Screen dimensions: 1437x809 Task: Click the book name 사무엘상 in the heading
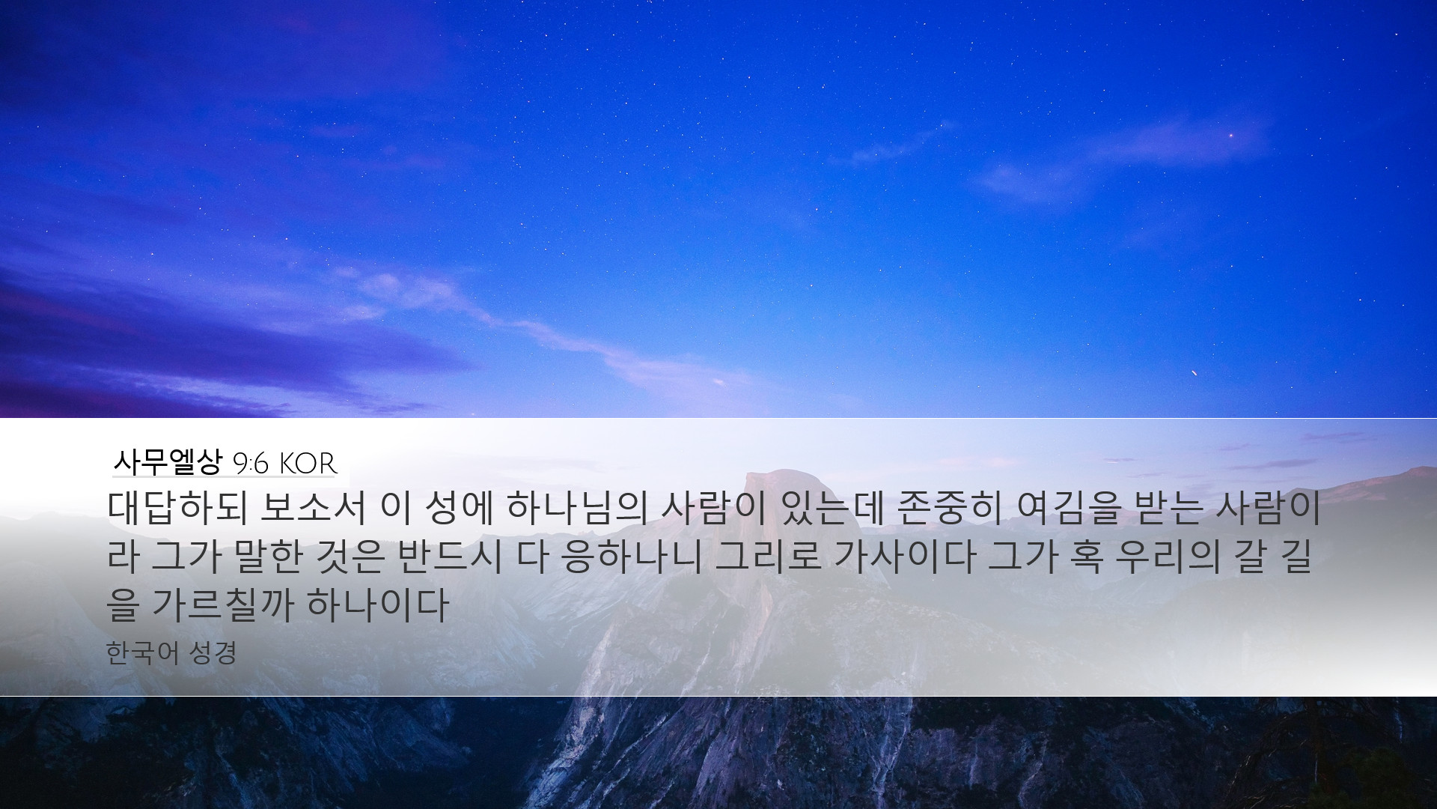(x=168, y=462)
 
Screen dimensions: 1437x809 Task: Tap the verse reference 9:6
(x=251, y=464)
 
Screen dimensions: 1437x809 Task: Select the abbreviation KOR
(x=308, y=464)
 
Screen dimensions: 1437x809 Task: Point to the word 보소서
(x=314, y=509)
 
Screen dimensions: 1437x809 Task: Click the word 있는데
(x=832, y=509)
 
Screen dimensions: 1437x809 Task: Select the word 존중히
(x=951, y=509)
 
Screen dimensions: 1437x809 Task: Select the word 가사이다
(x=904, y=557)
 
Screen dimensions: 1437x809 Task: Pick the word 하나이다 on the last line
(x=377, y=606)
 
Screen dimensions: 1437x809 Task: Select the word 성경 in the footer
(x=213, y=653)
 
